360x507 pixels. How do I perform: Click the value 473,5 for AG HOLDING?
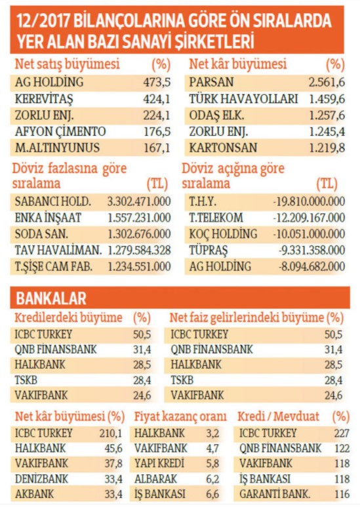point(157,82)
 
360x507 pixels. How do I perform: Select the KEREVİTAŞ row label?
point(45,98)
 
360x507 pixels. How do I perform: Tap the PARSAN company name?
point(211,82)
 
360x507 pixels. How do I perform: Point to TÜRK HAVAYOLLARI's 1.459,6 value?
point(327,98)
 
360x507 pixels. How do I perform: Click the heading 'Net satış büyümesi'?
point(68,64)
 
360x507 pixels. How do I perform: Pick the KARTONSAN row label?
point(224,148)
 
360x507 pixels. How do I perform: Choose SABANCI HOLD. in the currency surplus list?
point(53,201)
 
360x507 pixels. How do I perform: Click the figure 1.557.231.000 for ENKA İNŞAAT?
point(139,218)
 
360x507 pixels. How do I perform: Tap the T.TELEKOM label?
point(216,218)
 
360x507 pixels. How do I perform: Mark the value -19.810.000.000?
point(310,201)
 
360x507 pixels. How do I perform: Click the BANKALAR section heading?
point(51,298)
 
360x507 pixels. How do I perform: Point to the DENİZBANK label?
point(42,479)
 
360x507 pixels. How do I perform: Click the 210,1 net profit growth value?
point(111,434)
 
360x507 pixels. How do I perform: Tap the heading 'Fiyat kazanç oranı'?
point(180,416)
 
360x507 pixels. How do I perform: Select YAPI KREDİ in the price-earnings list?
point(159,463)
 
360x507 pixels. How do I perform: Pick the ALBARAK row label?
point(156,479)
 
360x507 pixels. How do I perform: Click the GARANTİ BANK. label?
point(275,494)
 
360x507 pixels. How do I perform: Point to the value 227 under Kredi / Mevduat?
point(342,434)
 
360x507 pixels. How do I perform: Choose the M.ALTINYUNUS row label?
point(57,148)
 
